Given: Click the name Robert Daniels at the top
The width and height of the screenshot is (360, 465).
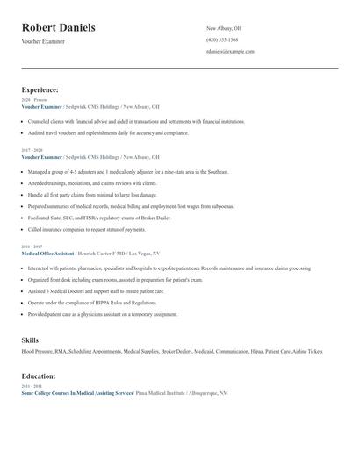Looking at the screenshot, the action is tap(59, 28).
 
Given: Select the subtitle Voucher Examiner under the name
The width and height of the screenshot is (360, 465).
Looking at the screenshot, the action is tap(42, 42).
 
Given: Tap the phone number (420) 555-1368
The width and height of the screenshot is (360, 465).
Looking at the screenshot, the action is tap(221, 39).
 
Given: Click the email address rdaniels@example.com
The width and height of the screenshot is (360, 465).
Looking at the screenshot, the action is tap(230, 51).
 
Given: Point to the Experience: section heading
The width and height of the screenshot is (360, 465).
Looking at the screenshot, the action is tap(40, 89).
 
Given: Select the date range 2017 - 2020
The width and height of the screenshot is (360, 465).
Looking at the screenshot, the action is tap(31, 150).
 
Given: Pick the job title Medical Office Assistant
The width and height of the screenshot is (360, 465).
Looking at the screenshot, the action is tap(54, 252).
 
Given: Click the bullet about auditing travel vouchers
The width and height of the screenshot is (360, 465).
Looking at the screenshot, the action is tap(108, 133).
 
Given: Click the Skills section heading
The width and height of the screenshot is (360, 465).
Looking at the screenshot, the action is tap(30, 339).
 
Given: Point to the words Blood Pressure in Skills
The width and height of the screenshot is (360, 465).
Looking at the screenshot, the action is tap(39, 351).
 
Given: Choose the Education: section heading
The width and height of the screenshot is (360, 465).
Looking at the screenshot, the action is tap(40, 376).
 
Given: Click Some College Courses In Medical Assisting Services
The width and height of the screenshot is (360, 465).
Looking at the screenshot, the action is tap(77, 393).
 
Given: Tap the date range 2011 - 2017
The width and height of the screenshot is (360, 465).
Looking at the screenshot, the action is tap(31, 246).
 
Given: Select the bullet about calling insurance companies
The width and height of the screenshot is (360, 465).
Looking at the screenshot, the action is tap(86, 229).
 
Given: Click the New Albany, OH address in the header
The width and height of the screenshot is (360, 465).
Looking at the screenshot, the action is tap(224, 28).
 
